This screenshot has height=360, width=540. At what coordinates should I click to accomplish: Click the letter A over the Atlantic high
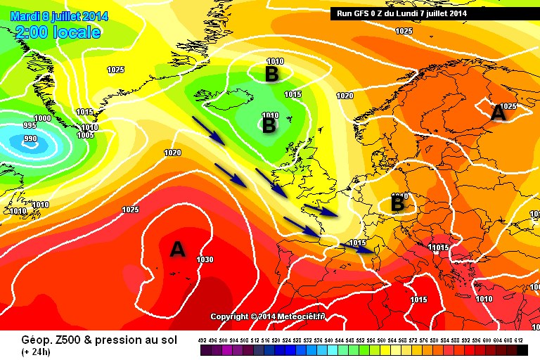178,249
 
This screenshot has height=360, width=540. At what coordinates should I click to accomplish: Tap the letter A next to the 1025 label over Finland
499,112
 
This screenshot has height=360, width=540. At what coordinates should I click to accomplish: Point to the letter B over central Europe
397,204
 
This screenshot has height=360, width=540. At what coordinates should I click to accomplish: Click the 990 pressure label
31,139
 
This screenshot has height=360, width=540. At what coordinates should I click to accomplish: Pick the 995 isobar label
29,125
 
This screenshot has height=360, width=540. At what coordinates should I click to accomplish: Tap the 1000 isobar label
42,118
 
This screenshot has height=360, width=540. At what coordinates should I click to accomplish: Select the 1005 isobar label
85,134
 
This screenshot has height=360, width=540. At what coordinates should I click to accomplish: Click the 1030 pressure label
205,259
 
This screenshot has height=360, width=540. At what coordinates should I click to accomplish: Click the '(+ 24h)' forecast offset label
34,352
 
